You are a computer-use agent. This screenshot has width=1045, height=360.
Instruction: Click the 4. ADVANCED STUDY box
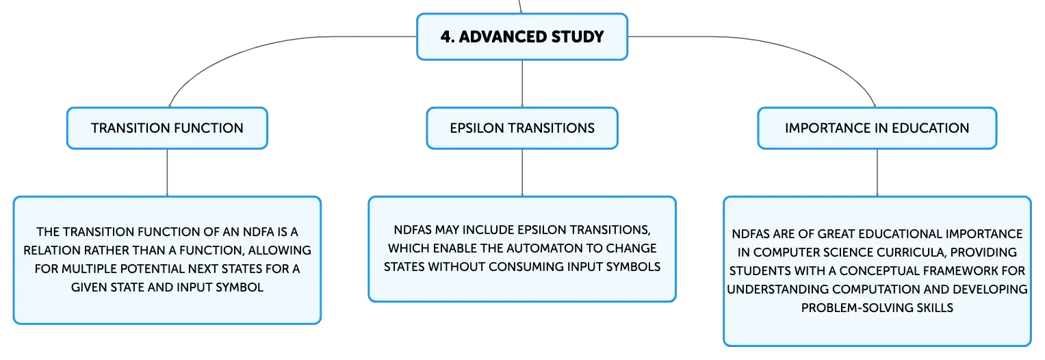[522, 37]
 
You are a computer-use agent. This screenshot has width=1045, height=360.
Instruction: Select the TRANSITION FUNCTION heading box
[167, 128]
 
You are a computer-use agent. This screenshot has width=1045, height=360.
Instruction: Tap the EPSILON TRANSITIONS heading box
[522, 128]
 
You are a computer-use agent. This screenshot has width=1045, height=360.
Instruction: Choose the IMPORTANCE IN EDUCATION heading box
[877, 128]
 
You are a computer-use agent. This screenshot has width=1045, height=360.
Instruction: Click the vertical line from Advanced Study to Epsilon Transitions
[522, 84]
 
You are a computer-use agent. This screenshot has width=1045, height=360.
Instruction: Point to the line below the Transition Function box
[167, 172]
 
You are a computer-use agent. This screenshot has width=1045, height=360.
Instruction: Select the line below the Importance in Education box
[877, 172]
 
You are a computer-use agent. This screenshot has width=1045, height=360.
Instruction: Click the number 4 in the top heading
[446, 37]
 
